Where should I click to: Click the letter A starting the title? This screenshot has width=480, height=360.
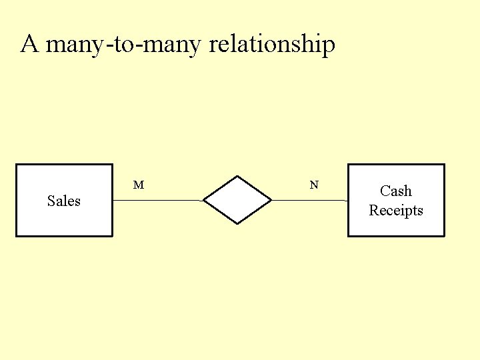tap(29, 45)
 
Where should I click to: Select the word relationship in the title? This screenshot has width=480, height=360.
tap(272, 45)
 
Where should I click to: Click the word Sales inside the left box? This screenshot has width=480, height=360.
tap(64, 201)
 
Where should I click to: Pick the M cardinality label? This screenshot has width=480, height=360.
tap(139, 185)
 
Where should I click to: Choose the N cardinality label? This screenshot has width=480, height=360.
tap(314, 185)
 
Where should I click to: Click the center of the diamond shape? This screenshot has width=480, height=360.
tap(237, 200)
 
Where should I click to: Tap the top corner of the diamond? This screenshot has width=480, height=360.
tap(237, 176)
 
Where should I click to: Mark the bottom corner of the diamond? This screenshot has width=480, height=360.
tap(237, 224)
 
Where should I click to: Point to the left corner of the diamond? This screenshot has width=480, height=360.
tap(203, 200)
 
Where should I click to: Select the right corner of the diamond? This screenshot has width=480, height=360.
tap(271, 200)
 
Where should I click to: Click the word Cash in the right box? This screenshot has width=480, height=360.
tap(396, 191)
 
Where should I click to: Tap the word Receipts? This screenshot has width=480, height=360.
tap(396, 211)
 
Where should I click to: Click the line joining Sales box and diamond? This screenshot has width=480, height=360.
tap(157, 200)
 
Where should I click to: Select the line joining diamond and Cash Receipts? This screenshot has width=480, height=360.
tap(309, 200)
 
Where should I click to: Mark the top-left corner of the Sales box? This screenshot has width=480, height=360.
tap(17, 165)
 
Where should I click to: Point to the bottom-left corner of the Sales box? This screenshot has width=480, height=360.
tap(17, 236)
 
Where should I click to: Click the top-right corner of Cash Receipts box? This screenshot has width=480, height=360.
tap(444, 165)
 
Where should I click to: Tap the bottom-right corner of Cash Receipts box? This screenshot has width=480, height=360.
tap(444, 236)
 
